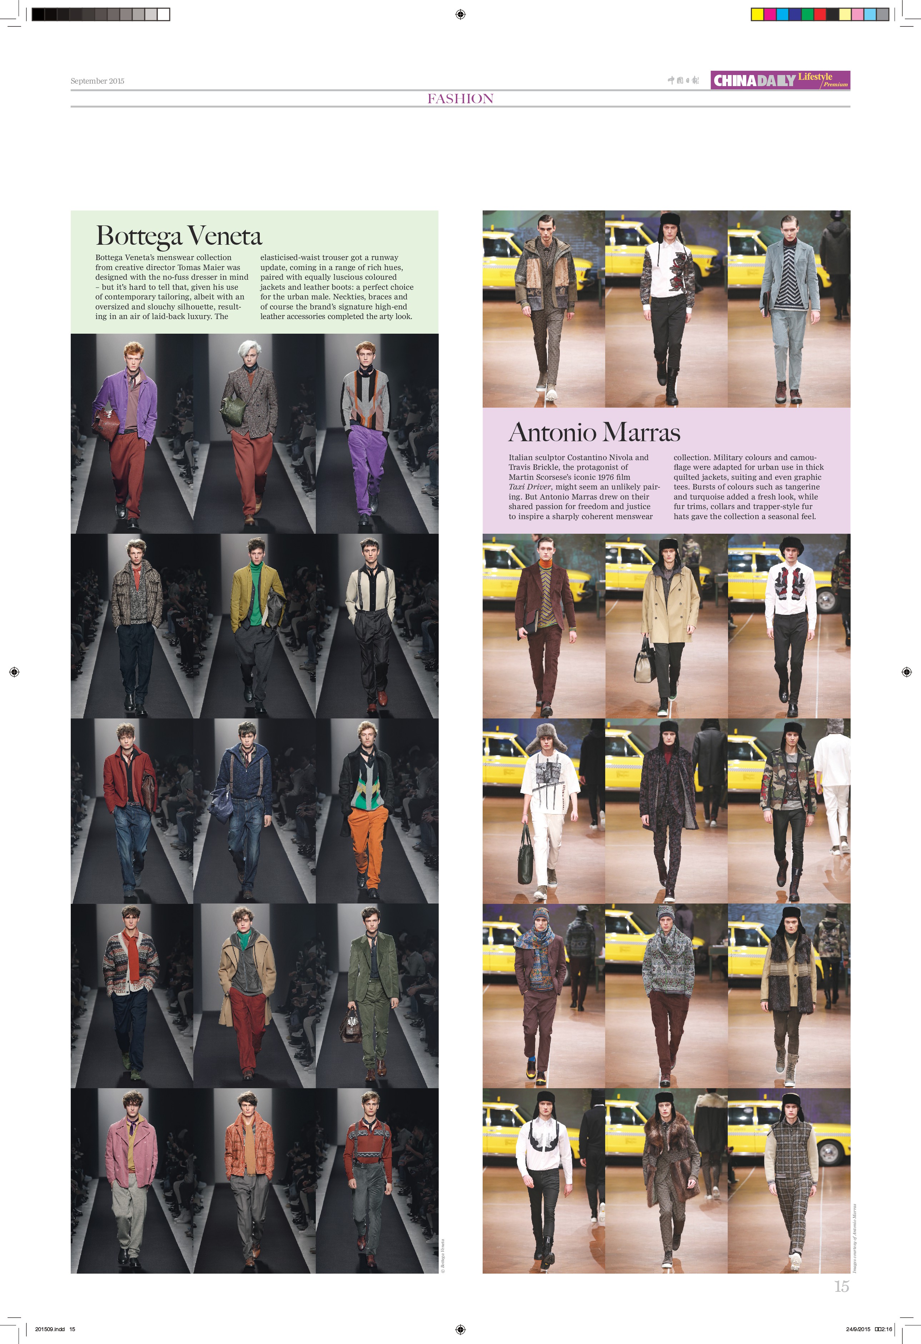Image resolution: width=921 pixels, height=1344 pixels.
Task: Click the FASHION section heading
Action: [x=460, y=99]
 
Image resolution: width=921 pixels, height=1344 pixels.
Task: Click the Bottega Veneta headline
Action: [x=179, y=236]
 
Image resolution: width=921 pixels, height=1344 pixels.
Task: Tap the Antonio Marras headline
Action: [x=594, y=433]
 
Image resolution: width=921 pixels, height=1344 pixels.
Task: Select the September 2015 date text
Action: [x=97, y=81]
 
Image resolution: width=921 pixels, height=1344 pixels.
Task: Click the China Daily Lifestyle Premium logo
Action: [x=780, y=80]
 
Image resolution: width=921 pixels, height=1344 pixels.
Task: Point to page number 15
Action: [x=841, y=1286]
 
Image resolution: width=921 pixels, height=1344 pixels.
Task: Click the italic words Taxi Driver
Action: [x=531, y=487]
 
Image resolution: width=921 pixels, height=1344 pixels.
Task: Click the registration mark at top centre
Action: [x=460, y=14]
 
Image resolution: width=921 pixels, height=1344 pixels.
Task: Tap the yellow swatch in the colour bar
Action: [x=757, y=14]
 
